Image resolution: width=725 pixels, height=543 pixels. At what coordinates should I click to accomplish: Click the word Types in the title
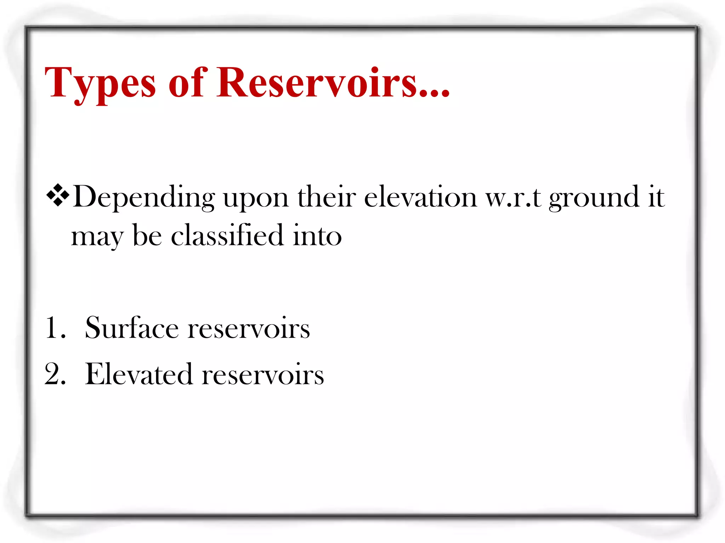click(x=100, y=83)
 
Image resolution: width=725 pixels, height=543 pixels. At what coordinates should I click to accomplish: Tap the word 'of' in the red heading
click(x=187, y=83)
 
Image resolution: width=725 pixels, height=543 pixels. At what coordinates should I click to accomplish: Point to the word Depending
click(x=144, y=197)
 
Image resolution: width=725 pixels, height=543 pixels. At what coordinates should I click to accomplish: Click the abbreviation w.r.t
click(x=513, y=197)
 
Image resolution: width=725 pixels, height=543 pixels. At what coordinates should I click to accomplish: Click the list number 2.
click(x=55, y=374)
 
